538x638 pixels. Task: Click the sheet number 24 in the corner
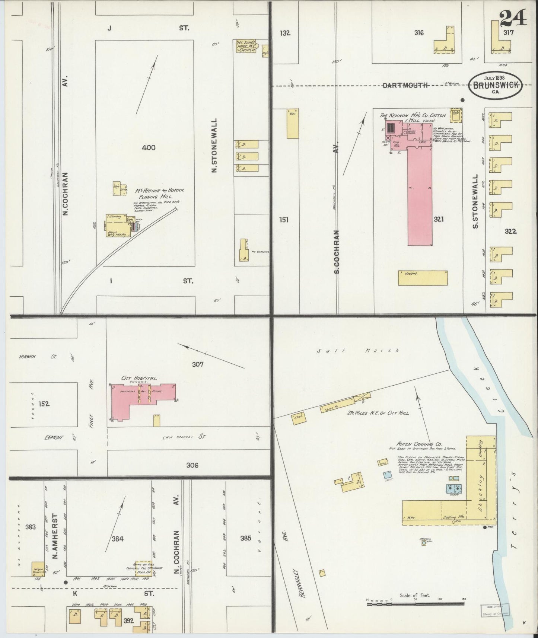(x=513, y=17)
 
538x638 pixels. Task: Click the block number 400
(x=149, y=148)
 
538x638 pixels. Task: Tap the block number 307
(x=198, y=364)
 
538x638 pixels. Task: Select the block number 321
(x=439, y=219)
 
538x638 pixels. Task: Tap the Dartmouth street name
(x=405, y=86)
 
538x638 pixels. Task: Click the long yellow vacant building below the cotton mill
(x=423, y=278)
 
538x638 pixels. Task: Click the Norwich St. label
(x=36, y=357)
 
